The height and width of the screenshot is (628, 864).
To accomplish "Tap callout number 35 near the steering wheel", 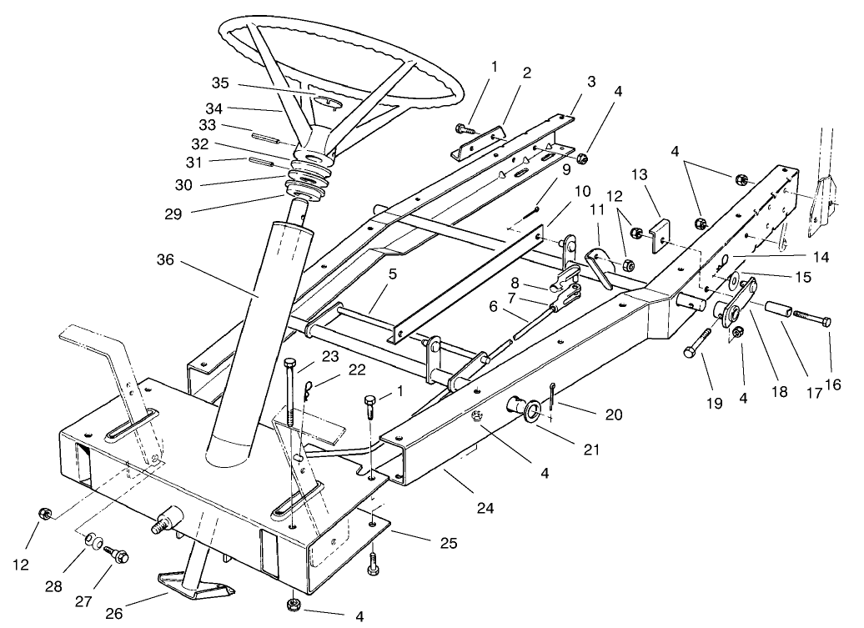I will point(220,84).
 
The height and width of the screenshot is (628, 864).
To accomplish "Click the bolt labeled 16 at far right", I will point(811,319).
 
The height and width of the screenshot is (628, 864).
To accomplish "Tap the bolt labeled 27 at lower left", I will point(118,552).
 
